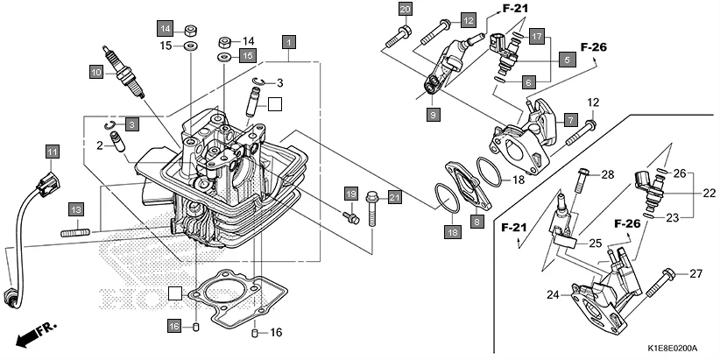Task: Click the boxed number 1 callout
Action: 288,41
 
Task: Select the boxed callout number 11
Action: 52,152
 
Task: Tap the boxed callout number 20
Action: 404,10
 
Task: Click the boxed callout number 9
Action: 433,114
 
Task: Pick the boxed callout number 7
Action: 569,119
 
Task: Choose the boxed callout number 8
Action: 476,222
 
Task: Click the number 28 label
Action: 607,174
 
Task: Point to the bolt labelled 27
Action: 664,275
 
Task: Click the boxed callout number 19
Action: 349,193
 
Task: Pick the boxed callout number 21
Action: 394,197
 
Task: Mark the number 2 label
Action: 100,145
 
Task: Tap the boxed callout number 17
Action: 537,37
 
